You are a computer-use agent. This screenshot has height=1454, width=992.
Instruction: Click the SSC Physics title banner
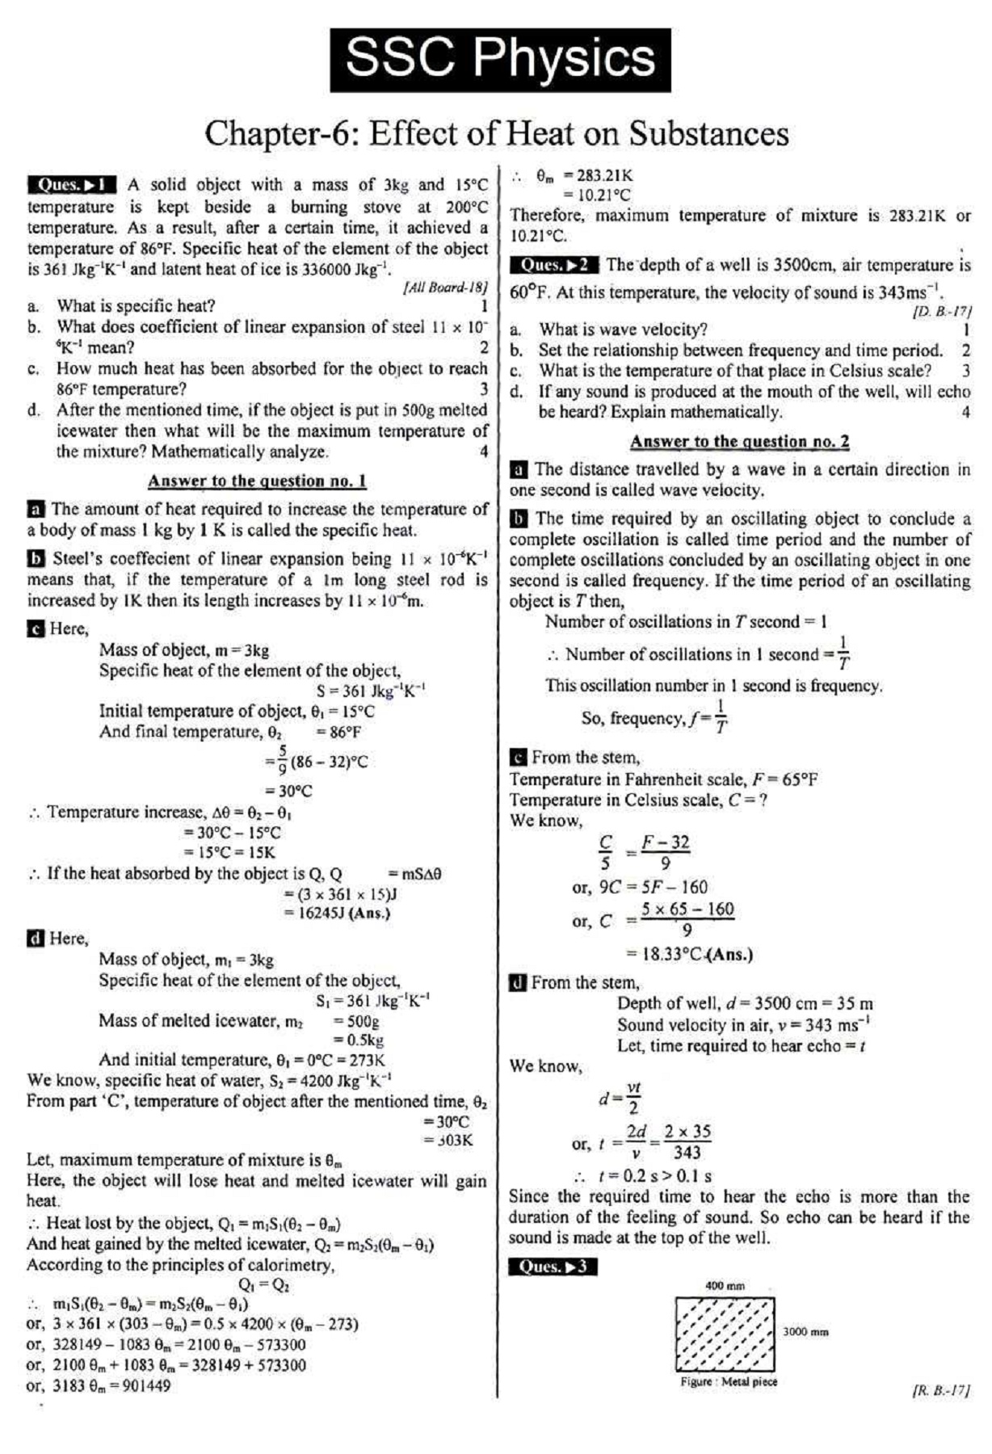[500, 60]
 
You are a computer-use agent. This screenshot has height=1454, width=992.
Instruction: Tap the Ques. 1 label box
[72, 185]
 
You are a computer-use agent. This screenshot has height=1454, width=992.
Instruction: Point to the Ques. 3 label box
[553, 1266]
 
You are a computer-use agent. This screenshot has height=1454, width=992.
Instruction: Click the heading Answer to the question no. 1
[257, 481]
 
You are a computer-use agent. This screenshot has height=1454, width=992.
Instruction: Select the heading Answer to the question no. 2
[739, 442]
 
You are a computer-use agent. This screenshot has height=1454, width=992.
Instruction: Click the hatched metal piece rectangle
[725, 1334]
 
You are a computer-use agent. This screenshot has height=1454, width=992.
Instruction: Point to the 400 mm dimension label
[725, 1285]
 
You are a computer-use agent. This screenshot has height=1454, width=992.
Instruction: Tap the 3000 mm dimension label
[805, 1331]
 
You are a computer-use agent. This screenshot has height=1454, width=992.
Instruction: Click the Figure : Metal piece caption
[728, 1381]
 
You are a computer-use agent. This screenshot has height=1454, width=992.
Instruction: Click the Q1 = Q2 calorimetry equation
[263, 1284]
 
